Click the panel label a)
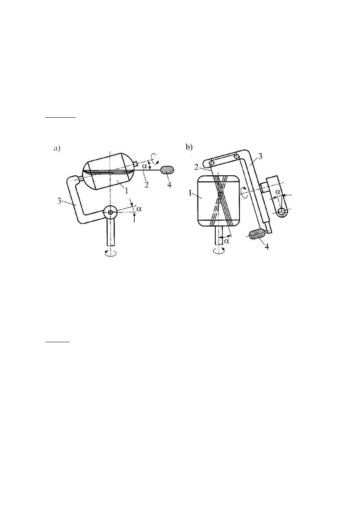pyautogui.click(x=57, y=149)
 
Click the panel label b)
pyautogui.click(x=189, y=148)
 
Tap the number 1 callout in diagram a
pyautogui.click(x=127, y=190)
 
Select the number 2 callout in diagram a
pyautogui.click(x=147, y=184)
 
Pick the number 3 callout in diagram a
pyautogui.click(x=60, y=201)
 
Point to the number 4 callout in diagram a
pyautogui.click(x=169, y=185)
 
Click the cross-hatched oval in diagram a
pyautogui.click(x=167, y=170)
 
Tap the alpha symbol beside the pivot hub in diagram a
pyautogui.click(x=139, y=209)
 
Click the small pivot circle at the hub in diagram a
pyautogui.click(x=110, y=212)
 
